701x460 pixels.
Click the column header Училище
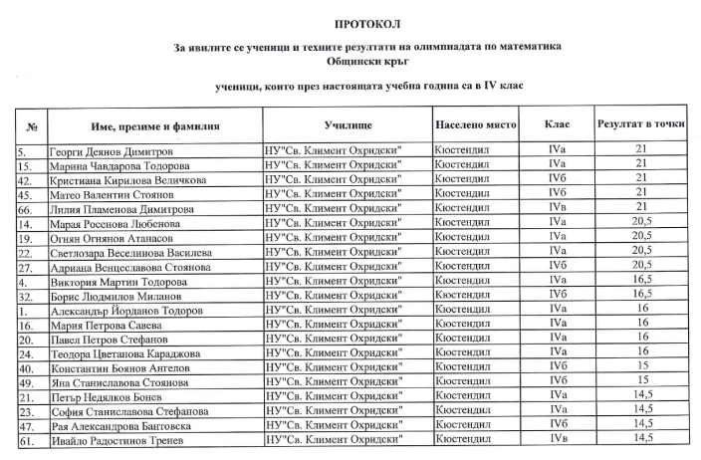point(348,127)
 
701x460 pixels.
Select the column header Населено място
point(475,127)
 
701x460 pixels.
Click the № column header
point(32,127)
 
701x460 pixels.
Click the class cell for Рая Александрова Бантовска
point(557,424)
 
